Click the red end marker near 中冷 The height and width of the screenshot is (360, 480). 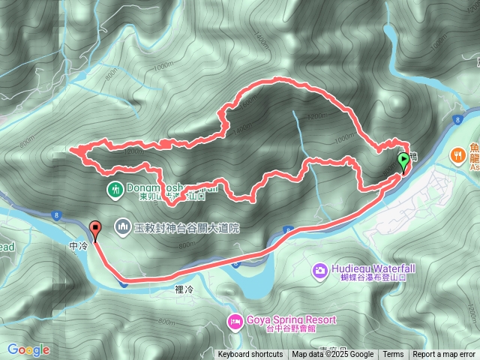[x=94, y=229]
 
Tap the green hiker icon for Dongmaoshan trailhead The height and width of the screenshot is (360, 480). [x=115, y=189]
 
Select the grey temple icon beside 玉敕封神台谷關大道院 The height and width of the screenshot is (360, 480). [x=122, y=226]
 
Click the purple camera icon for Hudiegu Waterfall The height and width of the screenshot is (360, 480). [x=319, y=269]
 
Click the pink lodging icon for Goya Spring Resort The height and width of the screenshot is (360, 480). [x=233, y=321]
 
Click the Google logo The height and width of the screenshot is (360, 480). [x=28, y=349]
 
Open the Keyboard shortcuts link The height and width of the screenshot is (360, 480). [x=250, y=355]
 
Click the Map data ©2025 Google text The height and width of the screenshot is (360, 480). [x=333, y=355]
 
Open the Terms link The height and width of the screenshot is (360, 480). [x=393, y=355]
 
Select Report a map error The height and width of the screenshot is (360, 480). [x=444, y=355]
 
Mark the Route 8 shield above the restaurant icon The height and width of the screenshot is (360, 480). [x=457, y=120]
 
